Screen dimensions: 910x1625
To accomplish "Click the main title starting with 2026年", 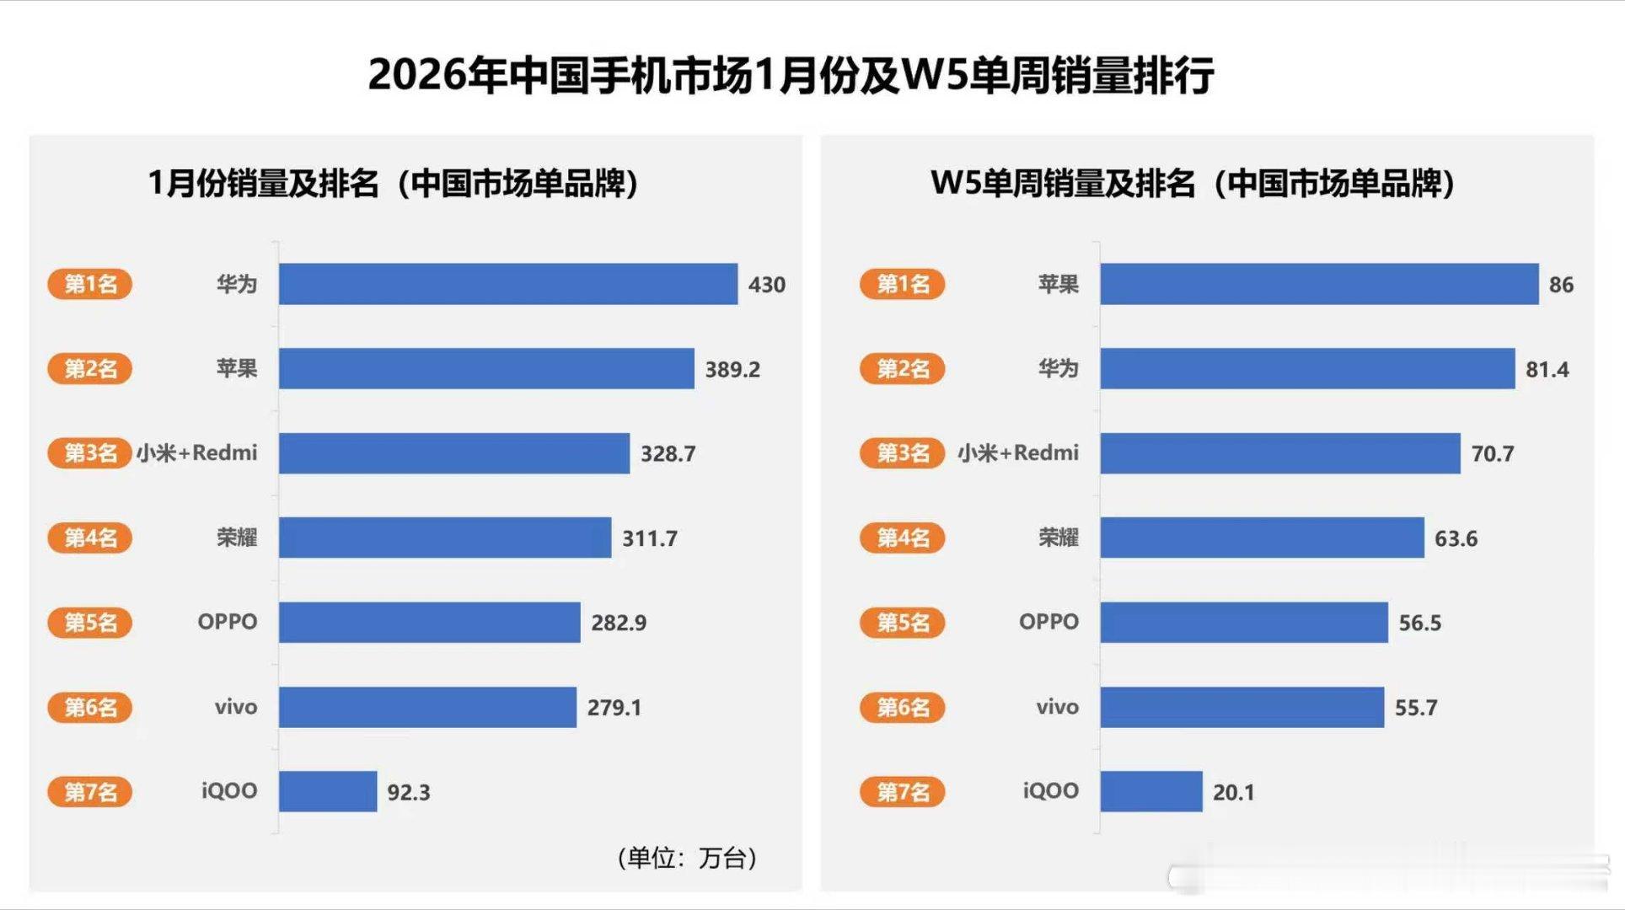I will click(791, 75).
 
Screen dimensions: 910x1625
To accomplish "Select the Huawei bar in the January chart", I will click(507, 284).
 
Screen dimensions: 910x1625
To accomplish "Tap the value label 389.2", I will click(732, 369).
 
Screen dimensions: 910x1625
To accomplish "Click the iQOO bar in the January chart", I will click(328, 791).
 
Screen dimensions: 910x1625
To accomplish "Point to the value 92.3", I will click(408, 792).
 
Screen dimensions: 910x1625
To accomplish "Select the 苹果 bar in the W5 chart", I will click(1318, 284).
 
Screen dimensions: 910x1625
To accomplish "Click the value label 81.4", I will click(1547, 369).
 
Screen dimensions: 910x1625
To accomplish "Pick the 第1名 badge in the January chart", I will click(90, 284).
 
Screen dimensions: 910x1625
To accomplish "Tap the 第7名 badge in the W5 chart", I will click(902, 791).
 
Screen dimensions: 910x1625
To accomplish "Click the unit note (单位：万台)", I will click(686, 858).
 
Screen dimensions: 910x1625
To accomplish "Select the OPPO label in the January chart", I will click(227, 622).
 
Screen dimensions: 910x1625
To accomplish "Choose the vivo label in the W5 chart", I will click(1057, 707).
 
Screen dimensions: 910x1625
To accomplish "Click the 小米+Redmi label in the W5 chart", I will click(1017, 453).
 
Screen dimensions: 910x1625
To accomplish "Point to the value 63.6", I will click(1456, 538).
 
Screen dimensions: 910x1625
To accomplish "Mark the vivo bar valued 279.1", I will click(427, 707).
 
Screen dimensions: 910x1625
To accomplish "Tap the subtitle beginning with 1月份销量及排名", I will click(393, 184).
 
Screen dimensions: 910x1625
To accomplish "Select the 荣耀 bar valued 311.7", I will click(444, 538).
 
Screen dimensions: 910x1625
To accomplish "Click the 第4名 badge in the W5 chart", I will click(902, 538).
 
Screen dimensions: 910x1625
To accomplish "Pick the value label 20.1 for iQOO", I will click(1233, 792).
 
